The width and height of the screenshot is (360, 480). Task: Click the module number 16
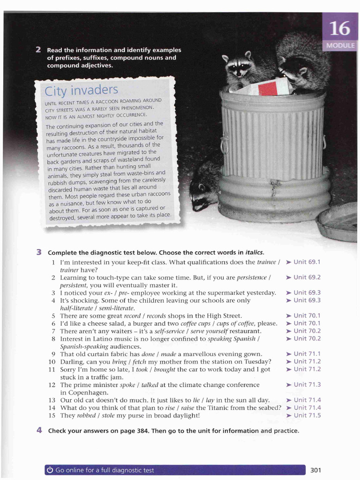[339, 29]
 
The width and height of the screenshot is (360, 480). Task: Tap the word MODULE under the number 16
[340, 46]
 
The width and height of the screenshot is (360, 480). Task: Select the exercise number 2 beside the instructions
[39, 50]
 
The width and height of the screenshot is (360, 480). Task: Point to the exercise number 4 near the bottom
[39, 430]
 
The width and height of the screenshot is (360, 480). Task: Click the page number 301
[315, 470]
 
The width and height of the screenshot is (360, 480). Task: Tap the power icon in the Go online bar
[50, 470]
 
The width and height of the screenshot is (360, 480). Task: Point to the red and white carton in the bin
[268, 87]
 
